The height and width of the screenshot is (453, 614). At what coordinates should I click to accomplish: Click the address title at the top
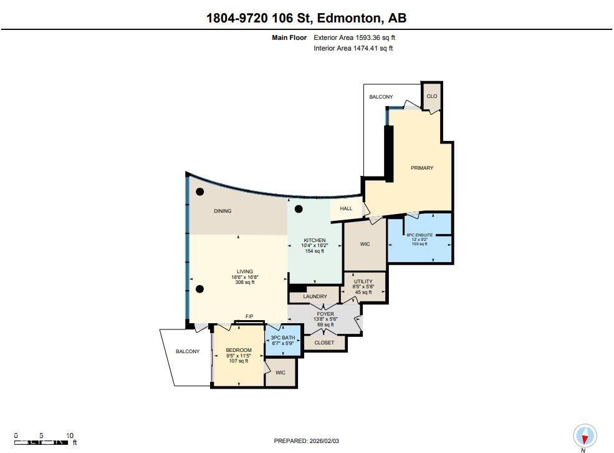pos(306,18)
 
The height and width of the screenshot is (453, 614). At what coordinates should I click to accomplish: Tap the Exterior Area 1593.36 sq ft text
pos(353,37)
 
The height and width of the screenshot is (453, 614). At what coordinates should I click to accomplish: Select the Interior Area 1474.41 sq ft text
pos(353,48)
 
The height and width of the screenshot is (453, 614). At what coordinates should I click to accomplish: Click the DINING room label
pos(223,211)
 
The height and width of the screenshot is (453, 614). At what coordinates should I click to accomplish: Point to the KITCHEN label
pos(315,240)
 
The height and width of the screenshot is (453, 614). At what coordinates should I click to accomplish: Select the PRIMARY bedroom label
pos(422,168)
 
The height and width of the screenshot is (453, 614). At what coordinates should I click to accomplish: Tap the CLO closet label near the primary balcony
pos(431,97)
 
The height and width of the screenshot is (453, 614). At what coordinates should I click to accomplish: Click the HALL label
pos(346,209)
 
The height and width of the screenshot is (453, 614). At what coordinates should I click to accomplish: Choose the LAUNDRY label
pos(315,296)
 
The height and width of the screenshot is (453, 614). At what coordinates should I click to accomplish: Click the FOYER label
pos(324,314)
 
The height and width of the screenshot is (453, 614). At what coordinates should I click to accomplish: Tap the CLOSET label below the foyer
pos(324,343)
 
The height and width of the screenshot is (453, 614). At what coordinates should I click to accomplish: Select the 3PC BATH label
pos(284,338)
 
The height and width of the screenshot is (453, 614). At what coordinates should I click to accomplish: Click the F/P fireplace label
pos(249,317)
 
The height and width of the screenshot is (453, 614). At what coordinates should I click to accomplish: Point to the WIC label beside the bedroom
pos(281,373)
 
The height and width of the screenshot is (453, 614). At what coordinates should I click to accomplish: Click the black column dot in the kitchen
pos(299,209)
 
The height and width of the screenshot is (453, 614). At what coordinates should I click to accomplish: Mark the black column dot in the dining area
pos(199,192)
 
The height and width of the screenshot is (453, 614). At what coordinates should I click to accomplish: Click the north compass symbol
pos(584,436)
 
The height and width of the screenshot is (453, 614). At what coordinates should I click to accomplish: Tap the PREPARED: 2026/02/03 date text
pos(307,441)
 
